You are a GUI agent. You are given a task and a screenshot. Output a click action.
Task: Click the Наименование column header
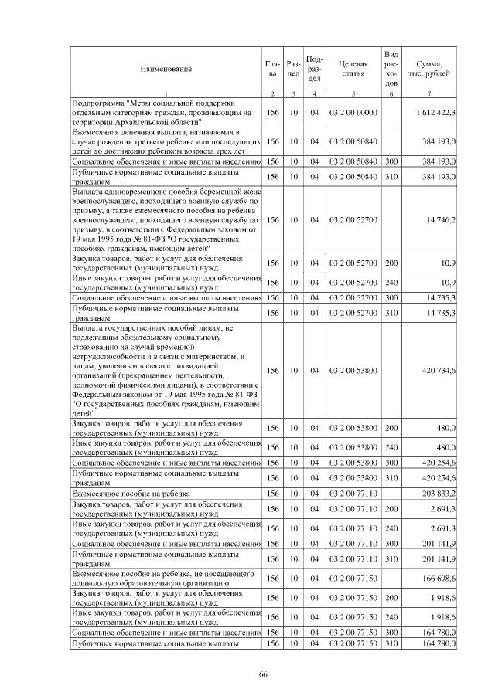166,69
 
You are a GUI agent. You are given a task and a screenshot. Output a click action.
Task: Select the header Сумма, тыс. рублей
434,69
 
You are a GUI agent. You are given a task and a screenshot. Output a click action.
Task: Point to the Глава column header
271,69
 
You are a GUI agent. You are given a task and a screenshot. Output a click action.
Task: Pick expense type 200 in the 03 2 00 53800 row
391,428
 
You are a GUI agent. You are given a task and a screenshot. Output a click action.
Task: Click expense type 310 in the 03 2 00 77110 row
391,558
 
